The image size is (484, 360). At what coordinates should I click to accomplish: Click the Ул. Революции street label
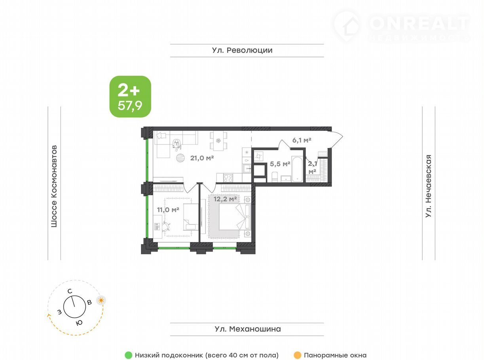click(242, 50)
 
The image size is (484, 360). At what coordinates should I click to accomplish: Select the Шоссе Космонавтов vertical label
click(54, 186)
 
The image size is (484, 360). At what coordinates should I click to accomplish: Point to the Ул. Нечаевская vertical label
click(429, 186)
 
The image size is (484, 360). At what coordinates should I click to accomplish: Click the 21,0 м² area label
click(202, 158)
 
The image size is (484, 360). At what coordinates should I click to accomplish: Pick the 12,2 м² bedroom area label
click(225, 199)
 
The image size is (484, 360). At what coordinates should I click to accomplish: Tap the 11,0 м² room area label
click(168, 210)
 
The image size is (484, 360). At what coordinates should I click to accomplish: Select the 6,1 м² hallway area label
click(302, 140)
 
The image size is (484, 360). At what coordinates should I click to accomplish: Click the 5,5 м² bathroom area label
click(280, 164)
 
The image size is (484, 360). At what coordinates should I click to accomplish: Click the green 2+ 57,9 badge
click(130, 97)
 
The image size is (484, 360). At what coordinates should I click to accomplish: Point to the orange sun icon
click(101, 301)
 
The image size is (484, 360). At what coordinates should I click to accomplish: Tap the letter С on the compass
click(70, 291)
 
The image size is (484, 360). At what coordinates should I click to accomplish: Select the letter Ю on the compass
click(79, 323)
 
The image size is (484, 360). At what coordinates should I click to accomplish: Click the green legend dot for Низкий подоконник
click(128, 355)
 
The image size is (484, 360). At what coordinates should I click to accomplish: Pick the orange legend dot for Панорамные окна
click(298, 355)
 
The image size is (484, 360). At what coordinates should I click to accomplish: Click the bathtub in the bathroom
click(297, 169)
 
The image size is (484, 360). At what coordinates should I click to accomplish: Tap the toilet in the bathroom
click(275, 176)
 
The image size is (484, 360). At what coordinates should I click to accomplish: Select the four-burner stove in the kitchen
click(228, 178)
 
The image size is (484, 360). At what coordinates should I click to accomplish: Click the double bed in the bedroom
click(235, 217)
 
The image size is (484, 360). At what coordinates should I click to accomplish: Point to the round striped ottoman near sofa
click(180, 158)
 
